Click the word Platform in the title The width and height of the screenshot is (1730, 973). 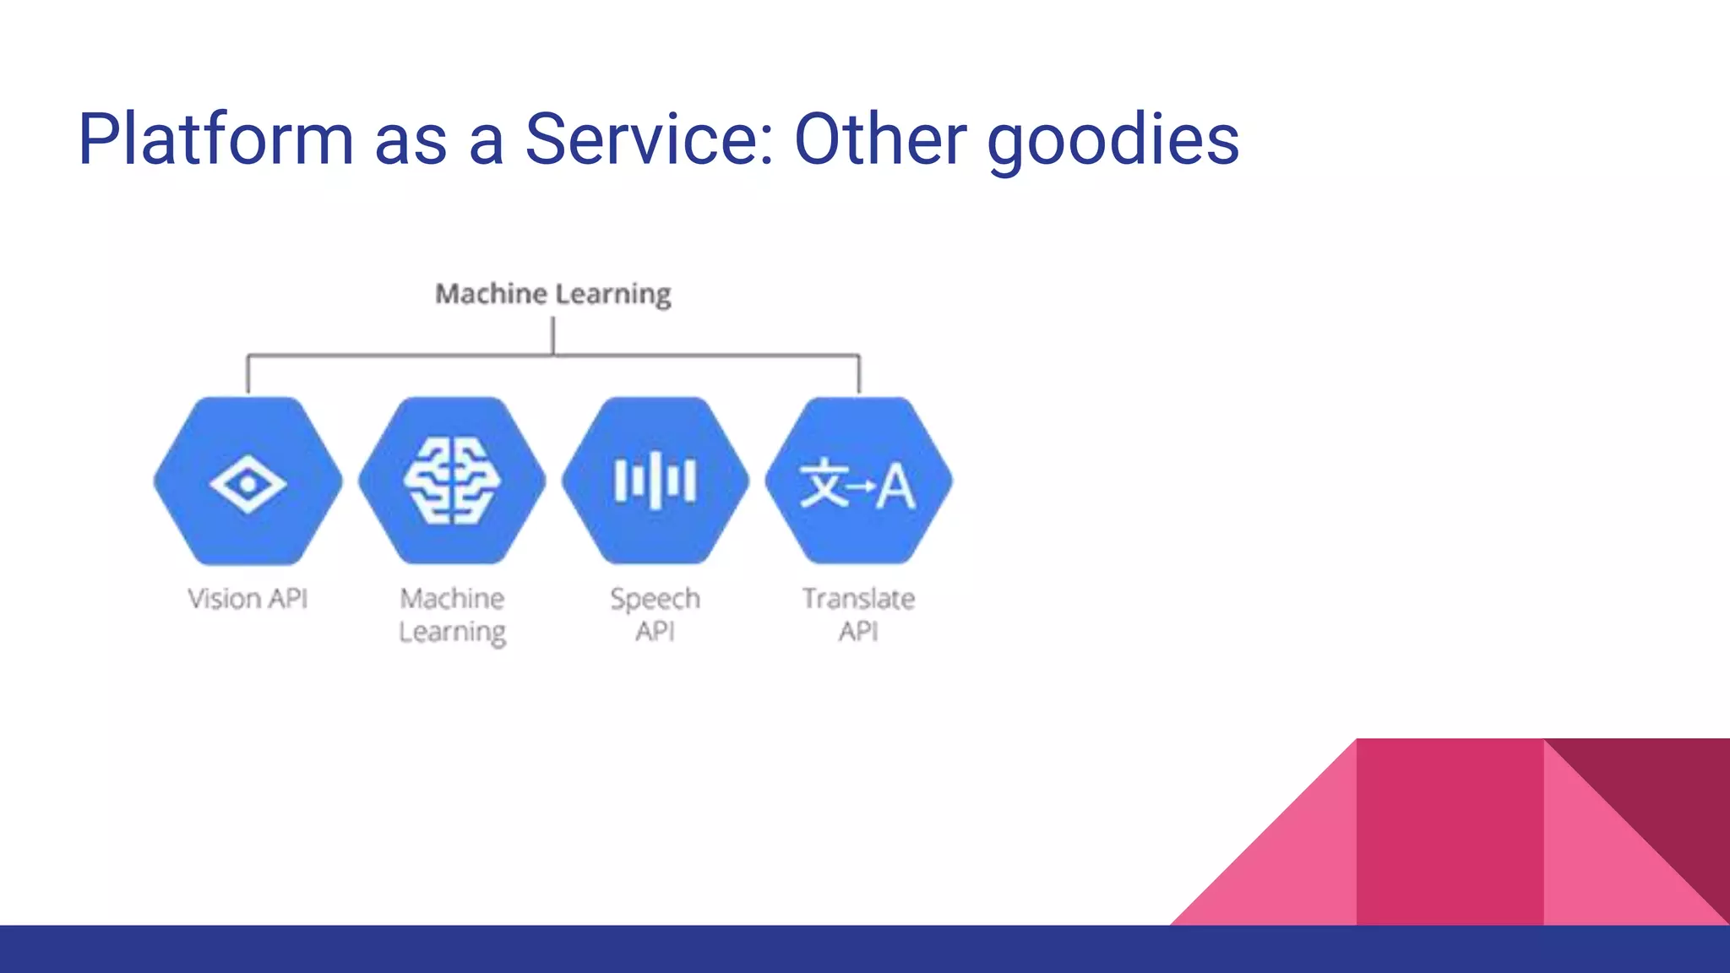click(x=215, y=139)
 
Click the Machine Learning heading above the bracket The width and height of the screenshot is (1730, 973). click(x=552, y=294)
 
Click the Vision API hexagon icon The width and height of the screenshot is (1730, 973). click(x=248, y=481)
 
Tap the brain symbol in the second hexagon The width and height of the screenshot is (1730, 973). click(x=452, y=481)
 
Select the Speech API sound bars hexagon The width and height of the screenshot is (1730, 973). click(x=655, y=481)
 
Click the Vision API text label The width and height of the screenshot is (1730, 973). click(x=248, y=599)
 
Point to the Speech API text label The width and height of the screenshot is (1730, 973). click(x=655, y=614)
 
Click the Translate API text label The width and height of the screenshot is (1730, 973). click(x=858, y=614)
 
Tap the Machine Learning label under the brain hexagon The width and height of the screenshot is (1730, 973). click(x=452, y=615)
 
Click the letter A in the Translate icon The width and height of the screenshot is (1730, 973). click(x=895, y=486)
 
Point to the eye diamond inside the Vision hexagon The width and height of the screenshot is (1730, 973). click(x=248, y=485)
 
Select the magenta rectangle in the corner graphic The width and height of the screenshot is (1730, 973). click(x=1450, y=832)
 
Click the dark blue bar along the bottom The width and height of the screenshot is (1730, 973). click(x=591, y=949)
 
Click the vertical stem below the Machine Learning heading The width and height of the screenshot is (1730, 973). click(x=552, y=335)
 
